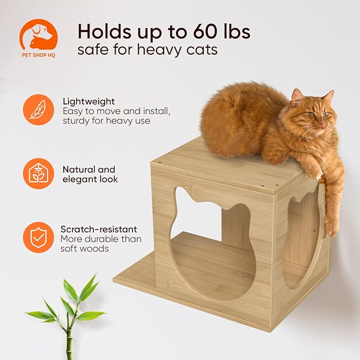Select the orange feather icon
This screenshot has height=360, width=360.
click(38, 110)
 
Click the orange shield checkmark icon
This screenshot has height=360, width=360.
click(38, 237)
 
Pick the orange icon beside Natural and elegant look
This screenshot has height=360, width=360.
click(38, 173)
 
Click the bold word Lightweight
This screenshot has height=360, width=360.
click(89, 101)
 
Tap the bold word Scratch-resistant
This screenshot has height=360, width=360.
click(99, 229)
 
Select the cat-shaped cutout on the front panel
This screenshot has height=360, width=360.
click(209, 244)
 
